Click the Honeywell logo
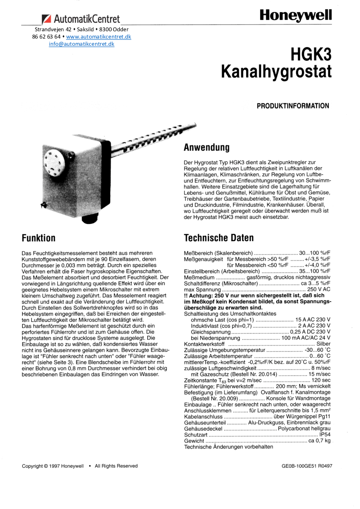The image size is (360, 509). pos(296,16)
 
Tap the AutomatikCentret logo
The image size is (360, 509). pos(81,19)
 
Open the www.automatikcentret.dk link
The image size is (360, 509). pos(98,37)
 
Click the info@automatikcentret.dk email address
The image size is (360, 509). pos(82,44)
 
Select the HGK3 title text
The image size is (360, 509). pos(311,55)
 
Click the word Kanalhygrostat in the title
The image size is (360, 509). pos(276,72)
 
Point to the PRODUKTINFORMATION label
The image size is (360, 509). pos(293,106)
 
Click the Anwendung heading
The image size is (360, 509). pos(206,148)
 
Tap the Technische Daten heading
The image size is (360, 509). pos(219,238)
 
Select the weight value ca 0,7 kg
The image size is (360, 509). pos(319,440)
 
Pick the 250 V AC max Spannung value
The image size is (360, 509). pos(319,289)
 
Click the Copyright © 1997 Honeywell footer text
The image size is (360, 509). pos(53,465)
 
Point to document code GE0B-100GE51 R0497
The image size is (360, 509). pos(306,465)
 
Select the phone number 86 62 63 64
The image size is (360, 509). pos(46,37)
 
